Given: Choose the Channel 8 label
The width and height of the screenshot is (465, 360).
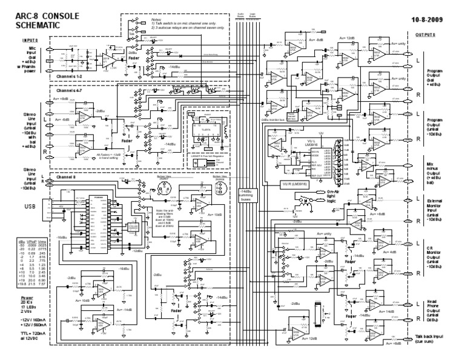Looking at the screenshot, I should coord(65,178).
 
